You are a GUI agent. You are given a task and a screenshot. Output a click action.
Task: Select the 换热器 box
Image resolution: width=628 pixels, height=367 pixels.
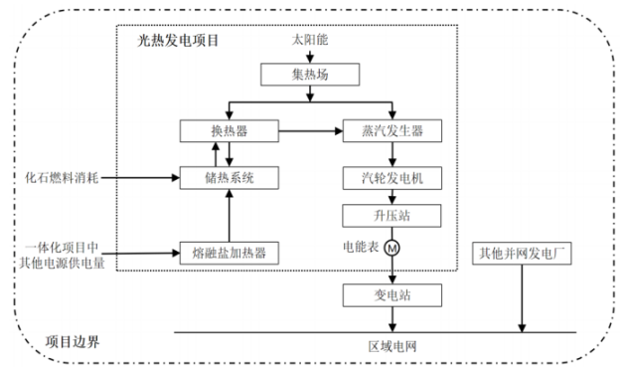[x=231, y=130]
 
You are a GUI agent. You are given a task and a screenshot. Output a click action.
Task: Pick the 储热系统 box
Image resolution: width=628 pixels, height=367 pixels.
[x=231, y=178]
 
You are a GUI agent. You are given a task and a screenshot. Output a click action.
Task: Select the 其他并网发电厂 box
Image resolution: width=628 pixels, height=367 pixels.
[x=521, y=251]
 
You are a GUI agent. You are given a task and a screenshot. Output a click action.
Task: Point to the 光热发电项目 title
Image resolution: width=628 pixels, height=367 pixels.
[x=178, y=41]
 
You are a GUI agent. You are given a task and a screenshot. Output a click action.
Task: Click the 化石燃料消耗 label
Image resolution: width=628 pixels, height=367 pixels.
[x=61, y=178]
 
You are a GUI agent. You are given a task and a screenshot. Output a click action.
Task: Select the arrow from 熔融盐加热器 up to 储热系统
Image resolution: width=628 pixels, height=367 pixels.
[x=231, y=216]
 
